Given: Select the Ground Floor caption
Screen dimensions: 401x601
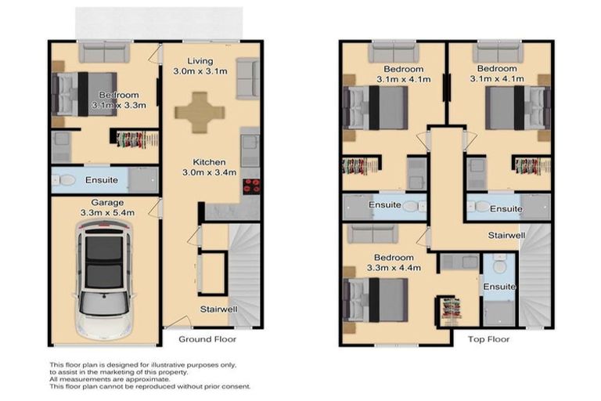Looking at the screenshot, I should [207, 339].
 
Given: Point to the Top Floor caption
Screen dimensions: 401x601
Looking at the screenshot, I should [488, 339].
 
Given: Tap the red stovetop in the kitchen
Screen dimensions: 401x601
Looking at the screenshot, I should [251, 186].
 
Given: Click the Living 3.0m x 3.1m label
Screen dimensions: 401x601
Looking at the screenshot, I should [200, 67].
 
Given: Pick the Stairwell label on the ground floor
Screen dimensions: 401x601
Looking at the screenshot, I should [218, 309].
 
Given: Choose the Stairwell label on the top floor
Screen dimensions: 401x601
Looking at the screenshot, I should [506, 235].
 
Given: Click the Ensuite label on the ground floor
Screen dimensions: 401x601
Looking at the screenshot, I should [102, 180].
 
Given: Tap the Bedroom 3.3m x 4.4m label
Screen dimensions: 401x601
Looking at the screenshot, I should [393, 262].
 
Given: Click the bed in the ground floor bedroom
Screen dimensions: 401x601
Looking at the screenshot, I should [85, 94].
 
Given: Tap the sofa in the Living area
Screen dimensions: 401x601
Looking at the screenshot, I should [247, 78].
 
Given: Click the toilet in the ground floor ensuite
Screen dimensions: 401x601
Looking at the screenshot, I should [67, 181].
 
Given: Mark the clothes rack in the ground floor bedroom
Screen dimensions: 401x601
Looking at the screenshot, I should [137, 139].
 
